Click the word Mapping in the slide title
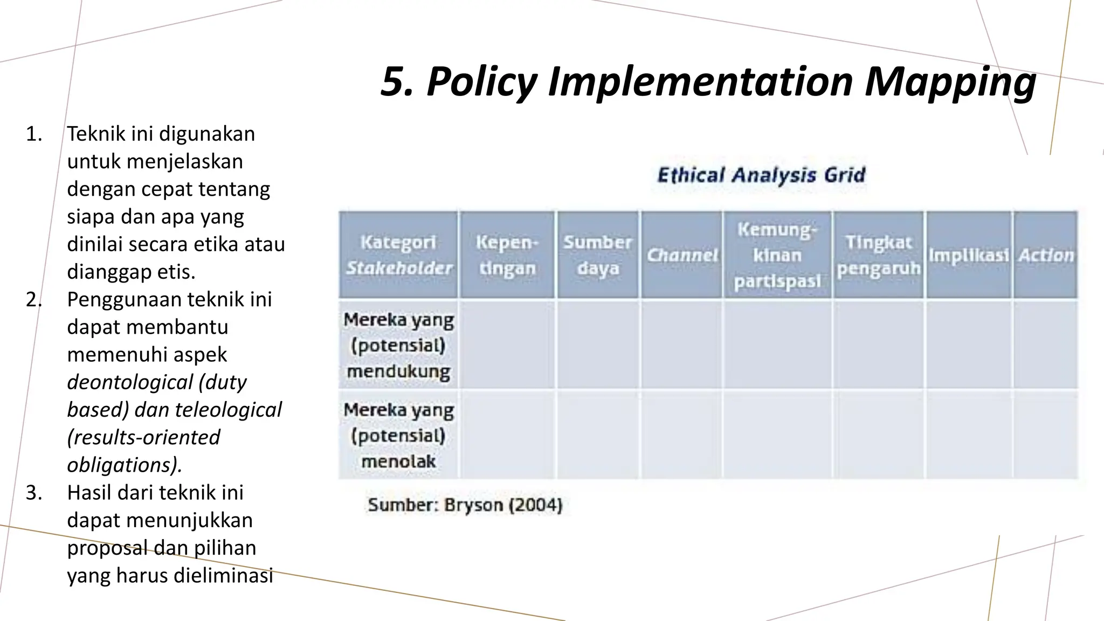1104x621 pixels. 950,82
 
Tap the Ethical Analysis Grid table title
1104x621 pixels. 761,175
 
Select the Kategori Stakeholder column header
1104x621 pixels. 398,255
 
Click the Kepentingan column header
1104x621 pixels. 507,255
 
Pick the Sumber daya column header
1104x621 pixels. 597,255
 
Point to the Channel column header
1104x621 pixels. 682,255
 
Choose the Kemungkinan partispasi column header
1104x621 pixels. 777,255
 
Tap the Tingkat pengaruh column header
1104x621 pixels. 878,255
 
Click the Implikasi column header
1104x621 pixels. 968,255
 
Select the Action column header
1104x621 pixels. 1045,255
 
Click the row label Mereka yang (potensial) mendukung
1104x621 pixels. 398,345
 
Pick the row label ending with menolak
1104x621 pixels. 398,435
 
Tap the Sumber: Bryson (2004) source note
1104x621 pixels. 465,505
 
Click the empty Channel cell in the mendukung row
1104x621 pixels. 682,345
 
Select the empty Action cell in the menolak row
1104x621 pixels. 1045,435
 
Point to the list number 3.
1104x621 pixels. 33,493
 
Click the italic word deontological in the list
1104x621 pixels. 129,382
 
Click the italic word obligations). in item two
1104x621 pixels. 125,465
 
